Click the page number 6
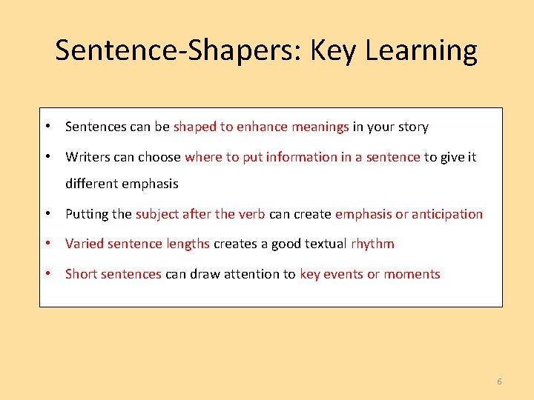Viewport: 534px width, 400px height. pos(499,381)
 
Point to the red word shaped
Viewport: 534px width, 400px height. pos(194,127)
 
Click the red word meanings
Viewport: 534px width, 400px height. pos(320,127)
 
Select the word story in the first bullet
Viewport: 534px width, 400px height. pos(412,127)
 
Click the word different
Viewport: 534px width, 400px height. pos(91,184)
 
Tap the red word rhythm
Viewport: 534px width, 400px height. pos(373,244)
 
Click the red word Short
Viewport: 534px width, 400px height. pos(81,274)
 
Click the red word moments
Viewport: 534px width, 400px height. pos(412,274)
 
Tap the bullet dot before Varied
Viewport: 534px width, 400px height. pos(48,244)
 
